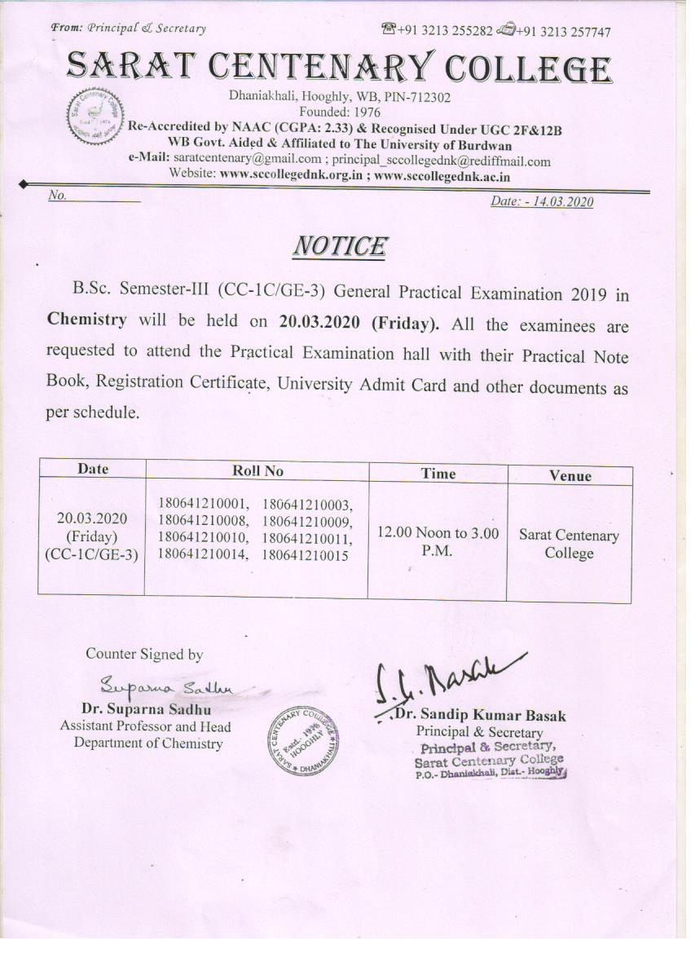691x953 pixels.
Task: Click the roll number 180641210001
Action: (204, 504)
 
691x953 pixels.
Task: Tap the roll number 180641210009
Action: (306, 521)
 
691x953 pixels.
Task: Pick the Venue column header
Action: (570, 476)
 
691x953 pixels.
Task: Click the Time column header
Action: (438, 474)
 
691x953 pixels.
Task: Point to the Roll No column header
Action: (257, 470)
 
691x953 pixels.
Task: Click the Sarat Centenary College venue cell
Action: (569, 545)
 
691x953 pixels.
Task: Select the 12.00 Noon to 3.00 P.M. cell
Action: (438, 541)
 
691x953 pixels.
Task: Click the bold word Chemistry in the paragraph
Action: (87, 320)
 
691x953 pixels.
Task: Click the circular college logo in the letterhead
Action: (92, 117)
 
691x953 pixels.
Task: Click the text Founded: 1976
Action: (340, 111)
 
